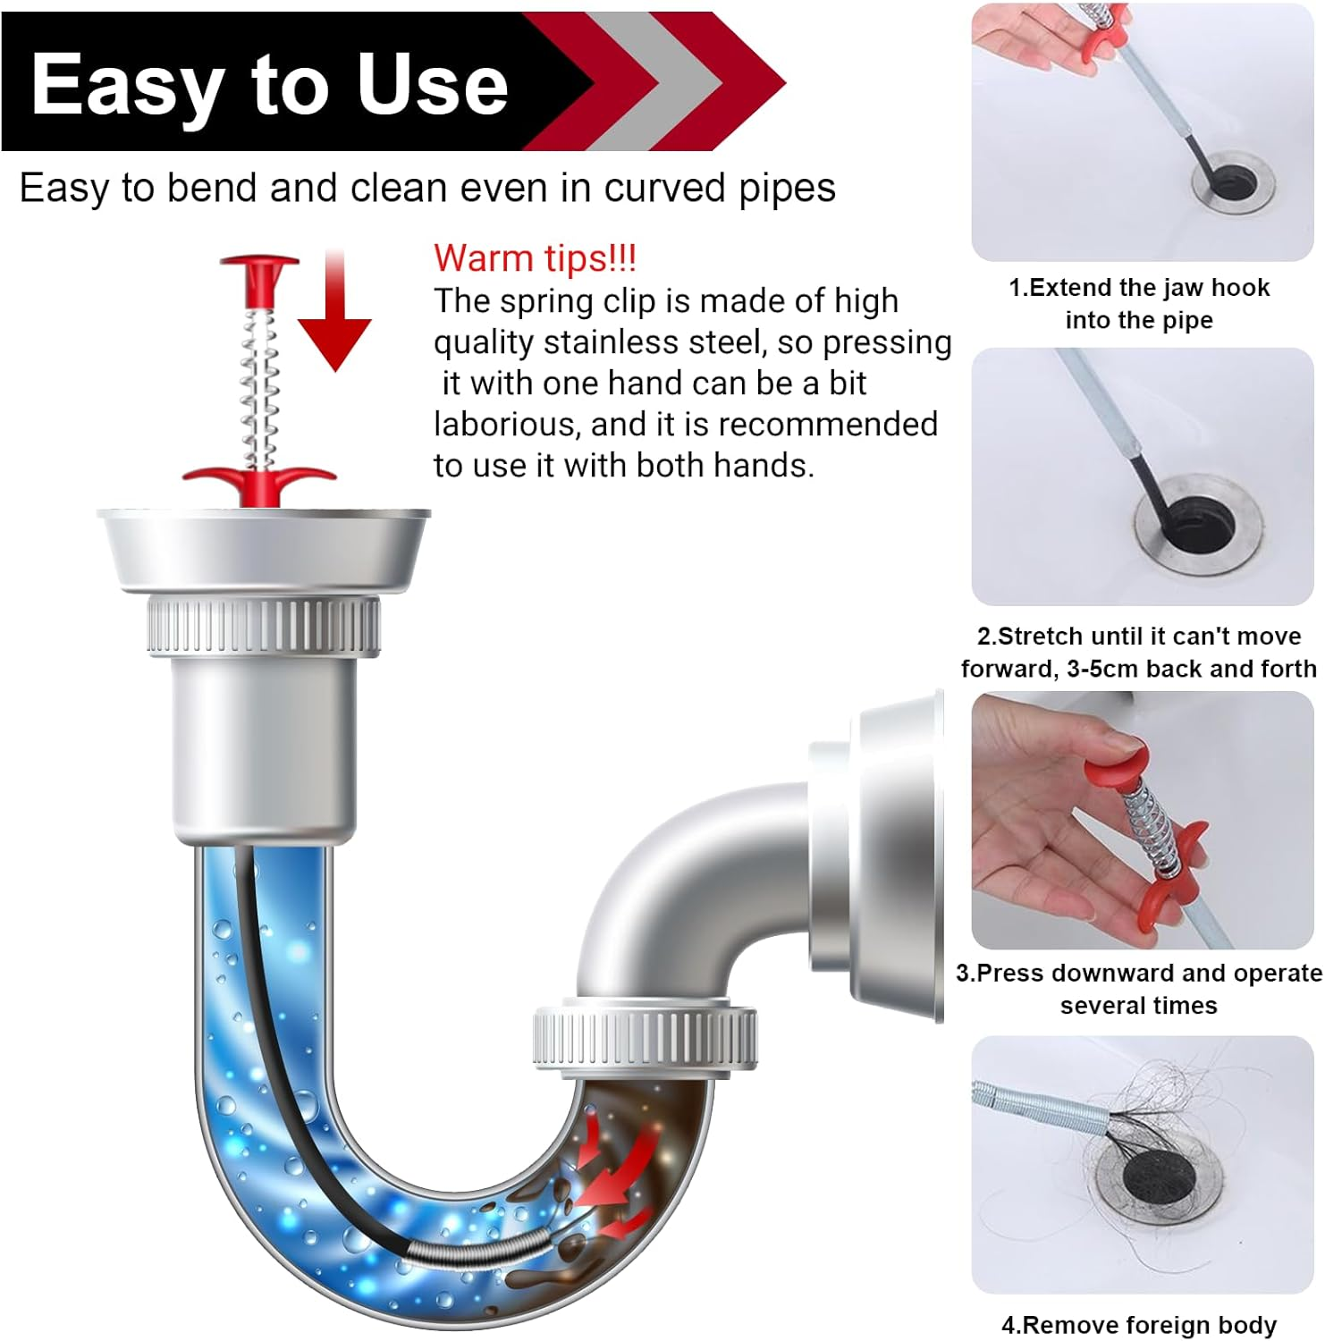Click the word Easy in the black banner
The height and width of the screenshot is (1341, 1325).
(125, 85)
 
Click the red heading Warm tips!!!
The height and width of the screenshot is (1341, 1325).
(535, 258)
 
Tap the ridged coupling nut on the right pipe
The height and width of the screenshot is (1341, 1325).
(645, 1037)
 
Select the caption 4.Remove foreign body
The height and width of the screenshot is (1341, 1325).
(1139, 1324)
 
